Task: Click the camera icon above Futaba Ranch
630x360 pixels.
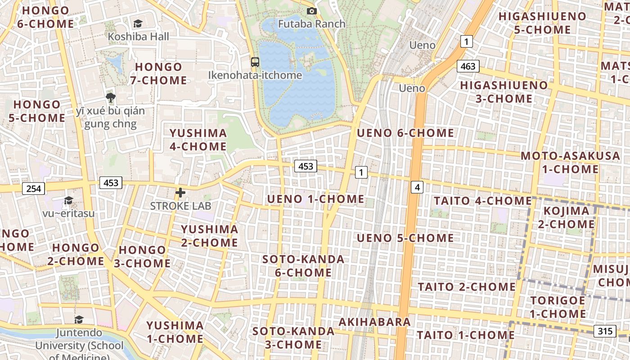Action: (x=311, y=11)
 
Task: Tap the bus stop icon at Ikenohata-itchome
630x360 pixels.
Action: (x=255, y=62)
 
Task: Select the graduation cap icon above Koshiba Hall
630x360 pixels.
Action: (x=138, y=23)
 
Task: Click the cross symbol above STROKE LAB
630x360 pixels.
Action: (x=180, y=193)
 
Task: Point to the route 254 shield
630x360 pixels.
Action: (x=34, y=189)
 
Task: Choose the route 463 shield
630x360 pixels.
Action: (x=468, y=66)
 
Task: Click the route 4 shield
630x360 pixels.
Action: (x=418, y=187)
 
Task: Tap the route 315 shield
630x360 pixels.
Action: (x=605, y=331)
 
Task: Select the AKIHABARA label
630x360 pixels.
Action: (x=374, y=322)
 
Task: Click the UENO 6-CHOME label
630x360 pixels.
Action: (x=405, y=133)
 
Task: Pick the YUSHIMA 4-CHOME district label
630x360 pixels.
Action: (x=198, y=140)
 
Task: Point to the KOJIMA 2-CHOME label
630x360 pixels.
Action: (x=566, y=217)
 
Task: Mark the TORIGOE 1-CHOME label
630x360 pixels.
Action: (x=558, y=307)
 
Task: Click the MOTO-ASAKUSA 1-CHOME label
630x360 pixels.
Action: (x=570, y=162)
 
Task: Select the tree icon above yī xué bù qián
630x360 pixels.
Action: (x=110, y=97)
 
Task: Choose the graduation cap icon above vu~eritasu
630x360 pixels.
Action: (x=68, y=200)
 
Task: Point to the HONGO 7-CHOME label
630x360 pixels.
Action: (x=158, y=74)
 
